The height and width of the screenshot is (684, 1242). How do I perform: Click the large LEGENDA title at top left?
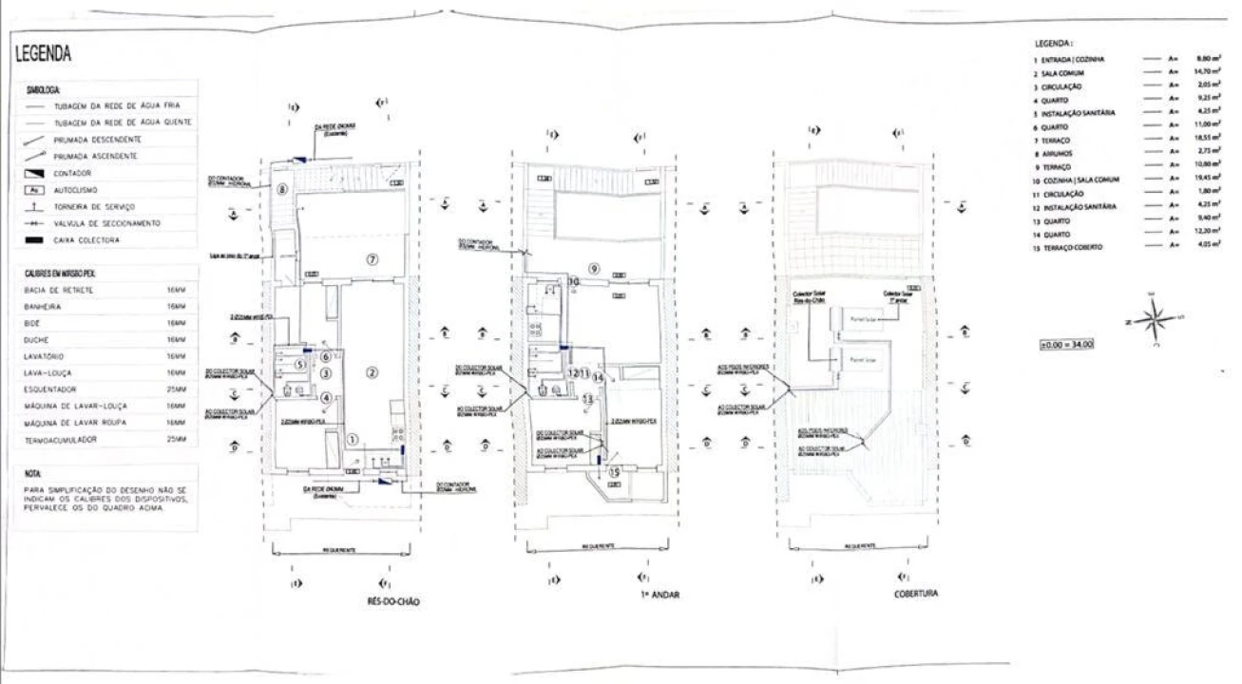click(45, 54)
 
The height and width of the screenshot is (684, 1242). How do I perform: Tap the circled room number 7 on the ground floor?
click(373, 258)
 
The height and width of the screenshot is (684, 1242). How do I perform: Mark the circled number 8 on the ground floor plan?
click(281, 190)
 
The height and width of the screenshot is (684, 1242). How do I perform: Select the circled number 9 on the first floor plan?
click(594, 268)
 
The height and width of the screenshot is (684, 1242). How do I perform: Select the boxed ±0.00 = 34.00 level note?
click(1067, 343)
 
